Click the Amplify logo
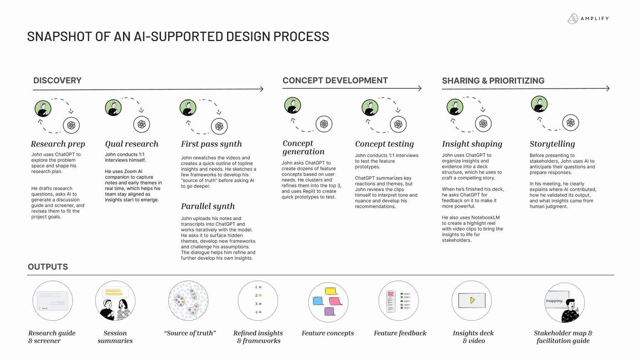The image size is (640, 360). click(x=588, y=18)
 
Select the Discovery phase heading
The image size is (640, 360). click(x=57, y=80)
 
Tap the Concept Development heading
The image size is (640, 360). click(x=335, y=80)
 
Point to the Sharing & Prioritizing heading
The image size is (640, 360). click(x=493, y=81)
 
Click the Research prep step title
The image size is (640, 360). click(x=58, y=144)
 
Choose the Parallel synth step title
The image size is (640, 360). click(x=207, y=206)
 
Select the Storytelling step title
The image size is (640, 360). click(x=552, y=144)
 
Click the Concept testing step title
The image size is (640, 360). click(x=384, y=144)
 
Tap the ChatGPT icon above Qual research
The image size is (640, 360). click(x=142, y=124)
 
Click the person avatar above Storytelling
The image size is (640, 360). click(x=539, y=104)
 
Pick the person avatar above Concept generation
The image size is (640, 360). click(x=292, y=105)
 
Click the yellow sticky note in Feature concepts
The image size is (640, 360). click(x=331, y=291)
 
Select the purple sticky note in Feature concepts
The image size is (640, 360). click(x=329, y=311)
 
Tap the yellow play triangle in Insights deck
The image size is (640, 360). click(x=472, y=300)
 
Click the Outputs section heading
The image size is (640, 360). click(x=47, y=267)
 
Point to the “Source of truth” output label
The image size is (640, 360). click(x=190, y=333)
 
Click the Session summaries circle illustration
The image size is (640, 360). click(x=115, y=301)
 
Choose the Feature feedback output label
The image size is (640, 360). click(x=400, y=333)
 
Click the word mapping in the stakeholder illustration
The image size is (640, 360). click(x=554, y=300)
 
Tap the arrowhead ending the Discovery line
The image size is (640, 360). click(x=262, y=89)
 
